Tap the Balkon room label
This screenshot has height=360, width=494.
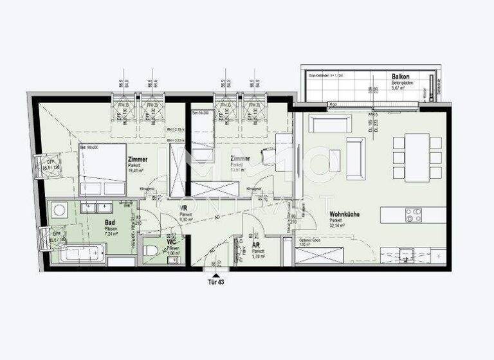coord(401,76)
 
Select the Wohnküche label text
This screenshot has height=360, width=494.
coord(344,214)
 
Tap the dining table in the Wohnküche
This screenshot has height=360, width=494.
coord(417,157)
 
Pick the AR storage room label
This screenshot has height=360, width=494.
coord(255,246)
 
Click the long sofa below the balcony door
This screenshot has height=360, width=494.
coord(329,123)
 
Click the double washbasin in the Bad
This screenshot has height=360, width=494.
coord(96,207)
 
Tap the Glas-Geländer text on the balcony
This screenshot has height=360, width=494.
coord(320,75)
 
